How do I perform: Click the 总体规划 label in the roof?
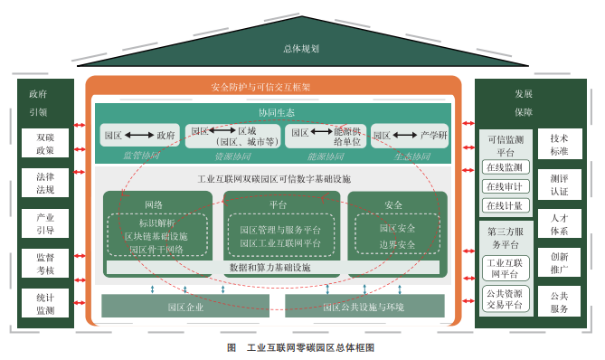(301, 49)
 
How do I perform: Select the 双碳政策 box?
(45, 144)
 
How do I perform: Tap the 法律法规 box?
(45, 184)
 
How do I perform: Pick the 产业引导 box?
(45, 223)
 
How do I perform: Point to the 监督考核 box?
(45, 263)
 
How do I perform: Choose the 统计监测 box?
(45, 303)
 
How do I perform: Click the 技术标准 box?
(559, 145)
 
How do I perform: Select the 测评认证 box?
(559, 185)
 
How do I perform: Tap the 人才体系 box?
(559, 223)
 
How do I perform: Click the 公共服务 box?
(559, 302)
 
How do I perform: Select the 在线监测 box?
(504, 167)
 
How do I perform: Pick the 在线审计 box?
(504, 186)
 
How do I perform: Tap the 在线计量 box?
(504, 205)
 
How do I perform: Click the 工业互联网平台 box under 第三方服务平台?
(504, 268)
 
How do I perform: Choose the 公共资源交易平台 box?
(504, 299)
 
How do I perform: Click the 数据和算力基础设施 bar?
(270, 269)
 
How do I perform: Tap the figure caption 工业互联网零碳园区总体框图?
(301, 347)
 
